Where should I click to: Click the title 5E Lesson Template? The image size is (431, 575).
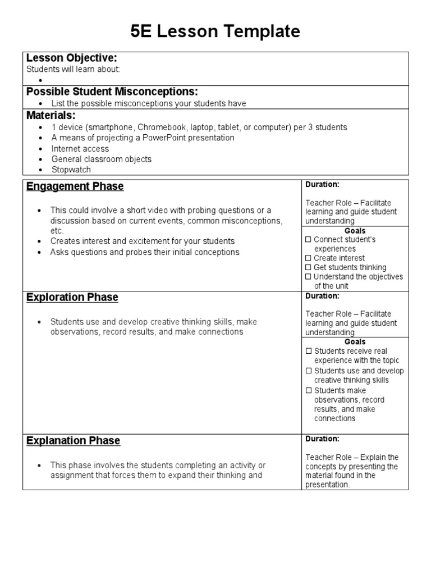[x=215, y=32]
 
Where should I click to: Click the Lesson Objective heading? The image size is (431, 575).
[x=72, y=58]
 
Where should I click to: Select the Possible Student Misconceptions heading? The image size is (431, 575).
[x=112, y=92]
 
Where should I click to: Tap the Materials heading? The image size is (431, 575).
[x=51, y=116]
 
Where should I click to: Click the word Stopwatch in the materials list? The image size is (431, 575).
[x=71, y=170]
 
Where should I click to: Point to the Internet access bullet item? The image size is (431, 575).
[x=80, y=149]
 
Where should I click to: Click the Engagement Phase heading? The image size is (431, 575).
[x=75, y=186]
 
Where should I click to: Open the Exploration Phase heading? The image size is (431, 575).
[x=72, y=298]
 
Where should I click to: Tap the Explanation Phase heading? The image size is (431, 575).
[x=74, y=441]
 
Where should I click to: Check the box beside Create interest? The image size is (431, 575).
[x=308, y=258]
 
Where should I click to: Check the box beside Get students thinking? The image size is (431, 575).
[x=308, y=268]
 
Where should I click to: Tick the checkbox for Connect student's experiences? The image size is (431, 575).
[x=308, y=240]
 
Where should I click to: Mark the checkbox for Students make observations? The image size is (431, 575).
[x=308, y=391]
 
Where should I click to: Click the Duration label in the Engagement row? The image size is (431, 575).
[x=322, y=184]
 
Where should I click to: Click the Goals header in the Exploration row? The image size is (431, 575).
[x=355, y=341]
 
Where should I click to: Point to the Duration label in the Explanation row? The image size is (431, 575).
[x=322, y=439]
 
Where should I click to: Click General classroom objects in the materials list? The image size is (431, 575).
[x=101, y=159]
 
